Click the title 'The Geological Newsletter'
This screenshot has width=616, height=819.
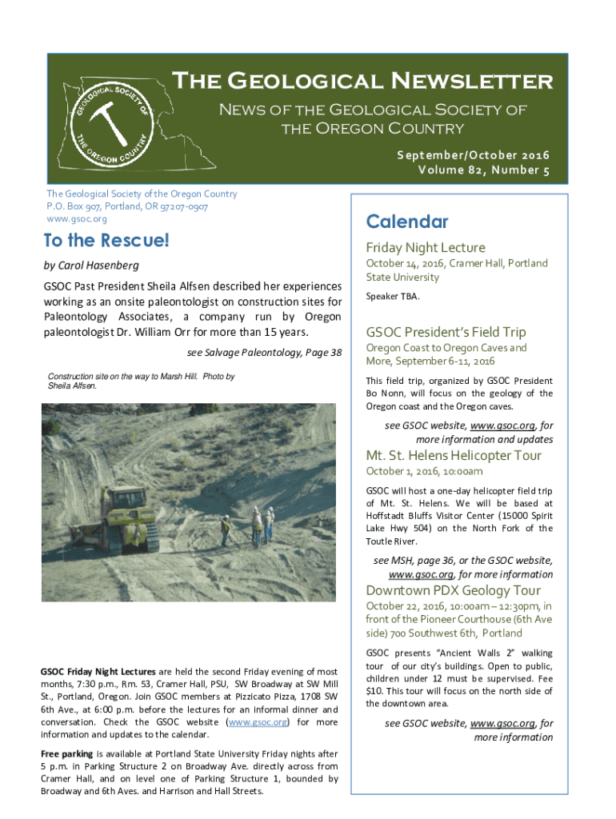click(362, 81)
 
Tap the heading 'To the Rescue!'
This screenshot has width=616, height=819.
click(107, 240)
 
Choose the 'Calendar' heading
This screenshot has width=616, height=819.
click(406, 222)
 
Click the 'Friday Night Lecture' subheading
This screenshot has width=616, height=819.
click(426, 248)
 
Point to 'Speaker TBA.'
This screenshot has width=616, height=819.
click(393, 297)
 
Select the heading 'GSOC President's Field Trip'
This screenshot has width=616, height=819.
click(446, 332)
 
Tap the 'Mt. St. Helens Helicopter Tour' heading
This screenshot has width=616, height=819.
click(454, 456)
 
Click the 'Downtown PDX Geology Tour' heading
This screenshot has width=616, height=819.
click(453, 590)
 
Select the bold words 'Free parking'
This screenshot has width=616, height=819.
click(66, 754)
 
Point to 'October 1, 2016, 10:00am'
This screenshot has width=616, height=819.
click(424, 471)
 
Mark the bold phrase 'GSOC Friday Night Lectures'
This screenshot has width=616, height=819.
click(98, 671)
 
